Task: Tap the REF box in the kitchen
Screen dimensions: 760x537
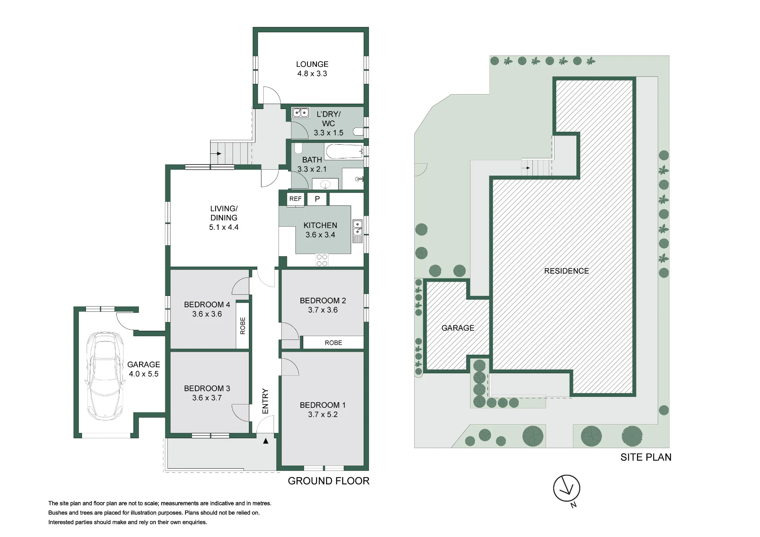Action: click(x=295, y=199)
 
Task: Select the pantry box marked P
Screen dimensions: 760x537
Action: click(x=317, y=199)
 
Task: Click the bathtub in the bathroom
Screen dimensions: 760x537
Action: click(x=344, y=152)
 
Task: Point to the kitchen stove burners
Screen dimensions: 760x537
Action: click(x=322, y=260)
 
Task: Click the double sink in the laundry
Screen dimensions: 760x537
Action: click(x=301, y=113)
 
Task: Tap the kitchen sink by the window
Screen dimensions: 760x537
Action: click(x=357, y=231)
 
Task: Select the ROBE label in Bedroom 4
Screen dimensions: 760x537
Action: click(x=242, y=325)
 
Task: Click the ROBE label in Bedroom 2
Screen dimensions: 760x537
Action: click(x=333, y=343)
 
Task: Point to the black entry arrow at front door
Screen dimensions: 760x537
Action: click(x=266, y=441)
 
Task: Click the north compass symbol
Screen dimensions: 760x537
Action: click(x=567, y=489)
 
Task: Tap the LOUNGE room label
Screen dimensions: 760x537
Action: click(x=312, y=64)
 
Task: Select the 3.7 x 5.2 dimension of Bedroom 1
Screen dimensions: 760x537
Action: click(x=323, y=414)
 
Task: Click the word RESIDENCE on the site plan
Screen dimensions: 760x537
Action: click(x=566, y=271)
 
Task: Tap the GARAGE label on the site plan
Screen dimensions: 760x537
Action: click(x=458, y=328)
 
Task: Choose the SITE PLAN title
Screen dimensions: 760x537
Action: click(x=646, y=457)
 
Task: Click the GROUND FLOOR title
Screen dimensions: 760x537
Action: click(x=328, y=481)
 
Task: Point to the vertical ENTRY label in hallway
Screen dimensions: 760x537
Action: click(x=265, y=401)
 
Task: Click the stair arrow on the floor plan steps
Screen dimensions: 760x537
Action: click(x=217, y=154)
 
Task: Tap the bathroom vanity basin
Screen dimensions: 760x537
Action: click(x=325, y=185)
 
